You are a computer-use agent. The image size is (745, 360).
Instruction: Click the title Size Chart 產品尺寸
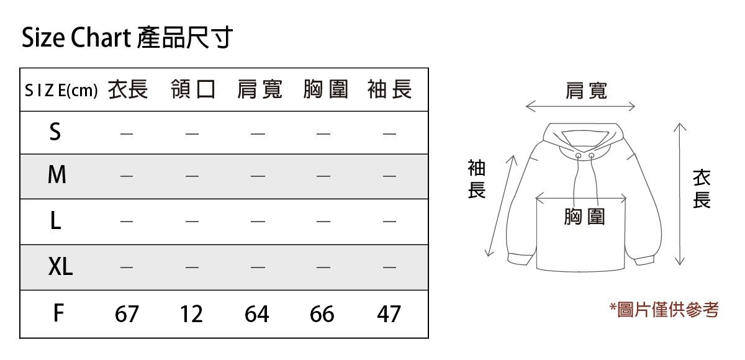pos(127,38)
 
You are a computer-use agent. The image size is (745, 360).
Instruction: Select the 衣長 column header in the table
pos(128,91)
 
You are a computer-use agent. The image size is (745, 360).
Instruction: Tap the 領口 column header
pos(193,91)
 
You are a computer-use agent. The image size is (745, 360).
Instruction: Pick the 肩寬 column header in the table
pos(260,91)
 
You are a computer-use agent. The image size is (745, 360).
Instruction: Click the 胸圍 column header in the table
pos(325,91)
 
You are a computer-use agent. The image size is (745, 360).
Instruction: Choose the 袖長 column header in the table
pos(389,91)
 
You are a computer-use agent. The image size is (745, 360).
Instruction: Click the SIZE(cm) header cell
pos(61,91)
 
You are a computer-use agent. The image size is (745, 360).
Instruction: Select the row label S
pos(55,132)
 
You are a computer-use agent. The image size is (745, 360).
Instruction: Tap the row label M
pos(56,176)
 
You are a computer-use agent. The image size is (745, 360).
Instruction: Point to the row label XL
pos(60,267)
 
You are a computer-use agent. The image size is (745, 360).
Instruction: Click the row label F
pos(58,313)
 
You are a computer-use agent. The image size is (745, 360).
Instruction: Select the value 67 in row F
pos(127,314)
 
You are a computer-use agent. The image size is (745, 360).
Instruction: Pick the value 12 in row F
pos(192,314)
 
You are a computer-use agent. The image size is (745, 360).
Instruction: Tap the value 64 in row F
pos(257,314)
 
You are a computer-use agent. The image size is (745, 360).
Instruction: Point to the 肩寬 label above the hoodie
pos(586,91)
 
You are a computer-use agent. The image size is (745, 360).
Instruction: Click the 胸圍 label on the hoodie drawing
pos(584,217)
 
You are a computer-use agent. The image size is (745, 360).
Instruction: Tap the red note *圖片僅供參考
pos(664,309)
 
